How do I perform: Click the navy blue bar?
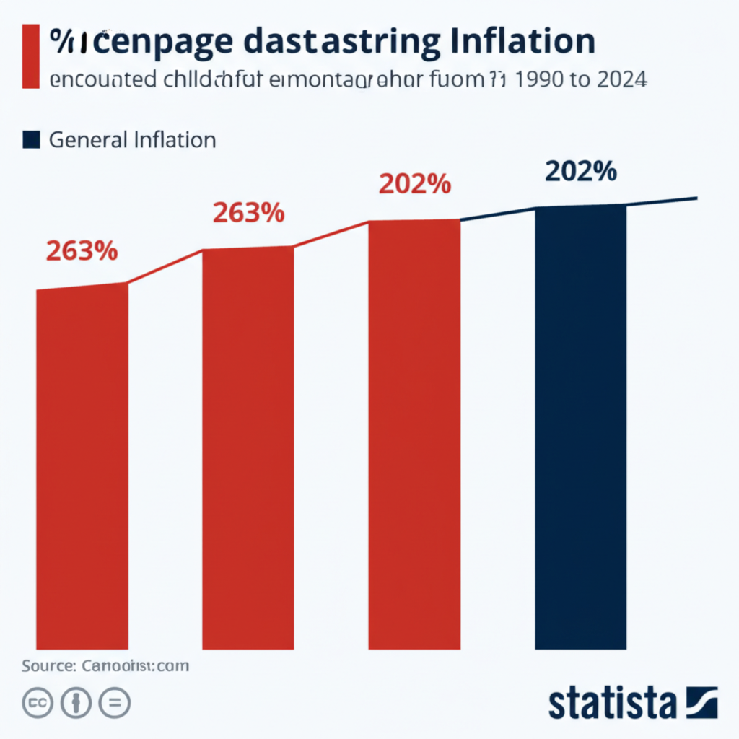click(x=580, y=426)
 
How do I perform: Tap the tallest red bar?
click(x=414, y=433)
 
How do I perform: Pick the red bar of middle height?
click(x=248, y=447)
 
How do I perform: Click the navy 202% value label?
click(x=580, y=171)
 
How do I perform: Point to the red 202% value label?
click(x=414, y=184)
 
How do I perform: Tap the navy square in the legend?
click(x=31, y=139)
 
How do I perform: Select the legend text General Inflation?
click(x=132, y=139)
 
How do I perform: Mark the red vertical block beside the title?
click(x=30, y=56)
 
